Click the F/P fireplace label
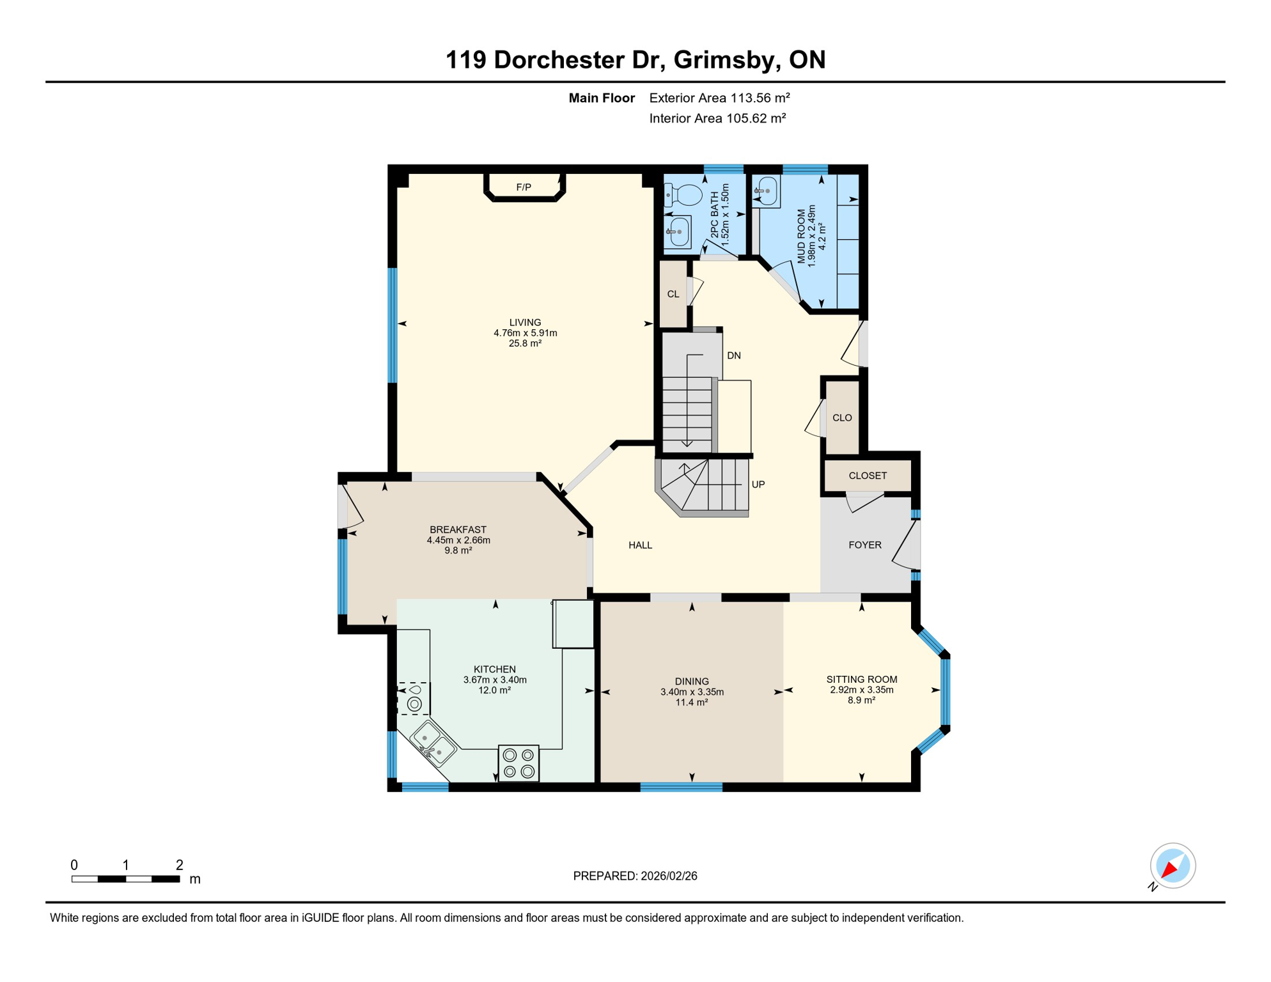[523, 187]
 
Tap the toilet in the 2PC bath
[683, 194]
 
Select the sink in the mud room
[766, 191]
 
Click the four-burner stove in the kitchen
[519, 763]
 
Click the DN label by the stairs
[734, 355]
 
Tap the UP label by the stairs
[758, 485]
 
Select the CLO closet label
[842, 418]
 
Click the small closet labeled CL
[673, 294]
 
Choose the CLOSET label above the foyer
[868, 476]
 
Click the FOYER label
[865, 545]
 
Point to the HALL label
[640, 545]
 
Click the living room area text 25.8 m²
[525, 343]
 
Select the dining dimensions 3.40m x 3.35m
[692, 692]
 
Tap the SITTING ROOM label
[861, 680]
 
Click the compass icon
[1173, 866]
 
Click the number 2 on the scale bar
[180, 865]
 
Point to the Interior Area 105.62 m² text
[717, 118]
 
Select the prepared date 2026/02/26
[669, 876]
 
